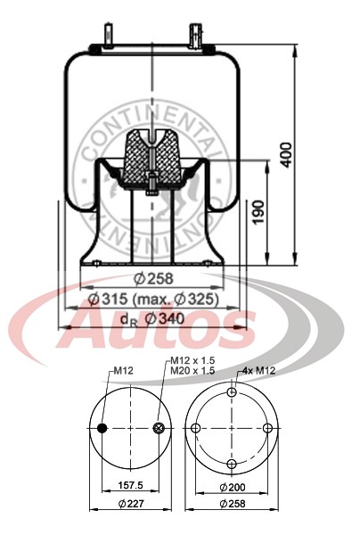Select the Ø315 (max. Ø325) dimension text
pos(154,300)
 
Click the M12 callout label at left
pos(122,371)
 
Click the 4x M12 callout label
pos(258,371)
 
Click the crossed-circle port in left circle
pos(160,429)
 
